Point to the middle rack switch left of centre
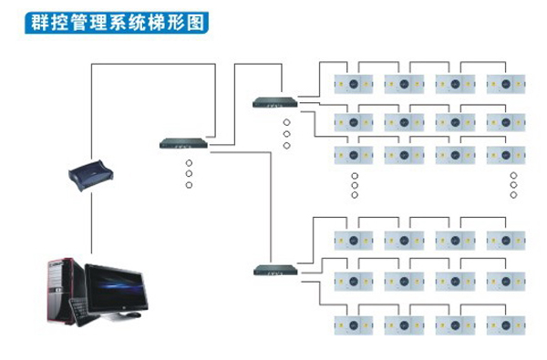[x=183, y=143]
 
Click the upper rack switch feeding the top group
[x=275, y=102]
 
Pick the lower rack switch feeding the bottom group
[x=275, y=269]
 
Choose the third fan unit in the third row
[x=455, y=155]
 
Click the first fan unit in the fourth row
[x=354, y=240]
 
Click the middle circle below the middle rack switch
[x=189, y=173]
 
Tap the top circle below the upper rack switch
[x=286, y=122]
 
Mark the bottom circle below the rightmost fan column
[x=513, y=195]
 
